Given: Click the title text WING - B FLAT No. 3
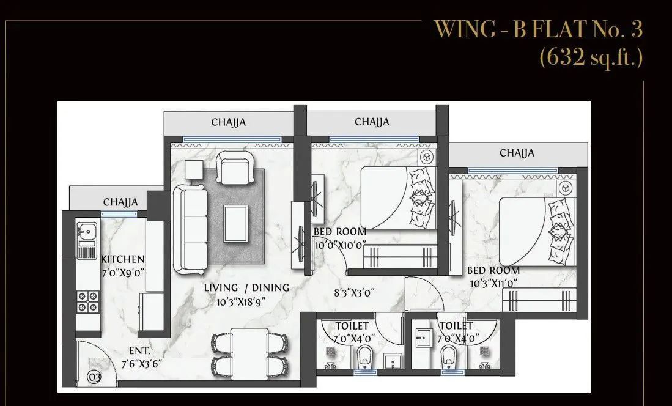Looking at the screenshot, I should click(538, 30).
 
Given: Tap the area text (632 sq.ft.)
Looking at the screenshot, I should click(591, 57).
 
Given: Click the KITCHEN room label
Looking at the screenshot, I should click(123, 259).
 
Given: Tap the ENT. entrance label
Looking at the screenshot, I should click(140, 351).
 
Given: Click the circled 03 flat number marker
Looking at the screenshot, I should click(94, 377).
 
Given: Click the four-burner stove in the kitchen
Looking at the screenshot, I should click(87, 301).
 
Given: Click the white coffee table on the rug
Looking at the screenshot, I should click(236, 223).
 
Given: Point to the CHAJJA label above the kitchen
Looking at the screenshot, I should click(120, 202).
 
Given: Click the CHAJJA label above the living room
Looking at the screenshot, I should click(229, 122).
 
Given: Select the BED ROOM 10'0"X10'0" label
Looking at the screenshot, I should click(340, 238).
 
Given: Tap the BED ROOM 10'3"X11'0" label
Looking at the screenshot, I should click(493, 276).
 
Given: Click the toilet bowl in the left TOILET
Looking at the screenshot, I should click(364, 356).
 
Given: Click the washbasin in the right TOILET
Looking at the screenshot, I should click(423, 336).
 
